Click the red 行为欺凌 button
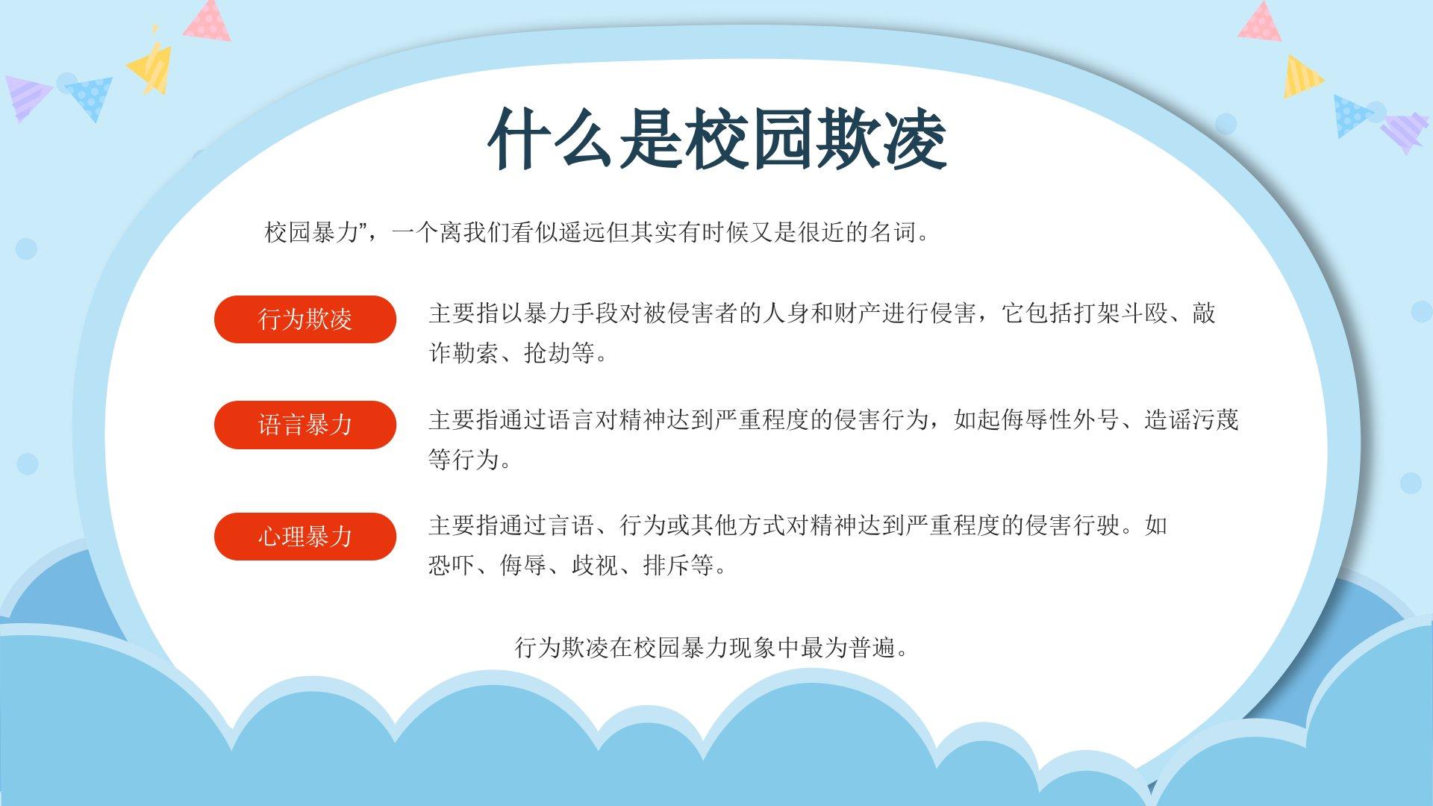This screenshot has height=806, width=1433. click(x=305, y=319)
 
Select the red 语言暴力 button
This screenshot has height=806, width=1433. click(x=305, y=425)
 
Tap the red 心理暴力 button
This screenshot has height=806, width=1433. click(x=305, y=537)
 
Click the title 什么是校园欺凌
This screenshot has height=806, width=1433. click(x=717, y=140)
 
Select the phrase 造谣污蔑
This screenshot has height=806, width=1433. click(x=1191, y=420)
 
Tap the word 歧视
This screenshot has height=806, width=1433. click(x=595, y=565)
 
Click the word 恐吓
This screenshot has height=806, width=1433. click(x=452, y=565)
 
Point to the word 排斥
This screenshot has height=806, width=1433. click(x=666, y=565)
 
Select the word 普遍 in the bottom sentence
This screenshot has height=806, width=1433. click(x=873, y=647)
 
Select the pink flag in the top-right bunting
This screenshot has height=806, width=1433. click(x=1261, y=22)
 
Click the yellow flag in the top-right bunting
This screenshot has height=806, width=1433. click(x=1302, y=77)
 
